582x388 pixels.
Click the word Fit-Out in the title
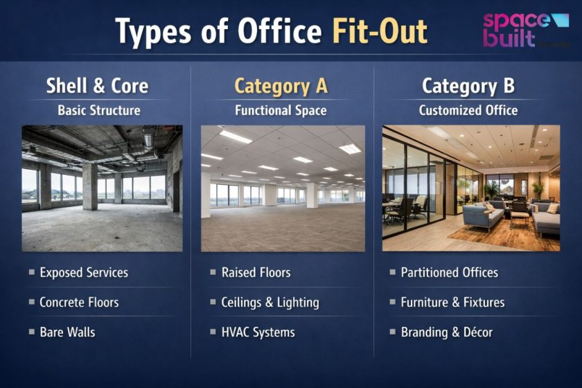[x=379, y=32]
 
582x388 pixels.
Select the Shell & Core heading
[x=97, y=86]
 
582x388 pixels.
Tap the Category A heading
[x=281, y=86]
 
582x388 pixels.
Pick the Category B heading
[x=468, y=86]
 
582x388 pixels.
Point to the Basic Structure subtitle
[x=98, y=110]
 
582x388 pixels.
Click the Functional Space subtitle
[x=281, y=110]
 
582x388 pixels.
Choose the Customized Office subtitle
[x=468, y=110]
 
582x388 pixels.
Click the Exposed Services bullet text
[x=84, y=272]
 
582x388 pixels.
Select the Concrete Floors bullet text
[x=79, y=302]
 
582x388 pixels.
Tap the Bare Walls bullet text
[x=67, y=332]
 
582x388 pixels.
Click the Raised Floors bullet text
[x=256, y=272]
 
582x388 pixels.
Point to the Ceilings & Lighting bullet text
[x=270, y=302]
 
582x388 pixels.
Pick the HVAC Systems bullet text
[x=258, y=332]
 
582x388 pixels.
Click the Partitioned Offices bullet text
[x=449, y=272]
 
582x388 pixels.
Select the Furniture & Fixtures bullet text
[x=452, y=302]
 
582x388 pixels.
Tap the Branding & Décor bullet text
[x=446, y=332]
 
